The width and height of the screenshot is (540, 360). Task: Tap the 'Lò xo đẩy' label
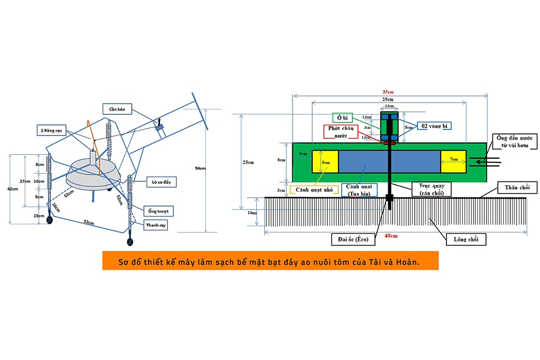click(158, 182)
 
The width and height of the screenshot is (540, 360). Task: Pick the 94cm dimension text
click(199, 168)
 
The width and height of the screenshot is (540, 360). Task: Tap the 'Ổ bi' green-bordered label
click(341, 117)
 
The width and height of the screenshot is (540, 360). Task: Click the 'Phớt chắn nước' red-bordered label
click(341, 133)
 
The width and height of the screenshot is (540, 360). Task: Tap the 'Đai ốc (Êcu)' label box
click(355, 237)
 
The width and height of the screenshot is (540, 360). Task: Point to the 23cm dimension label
click(249, 162)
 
